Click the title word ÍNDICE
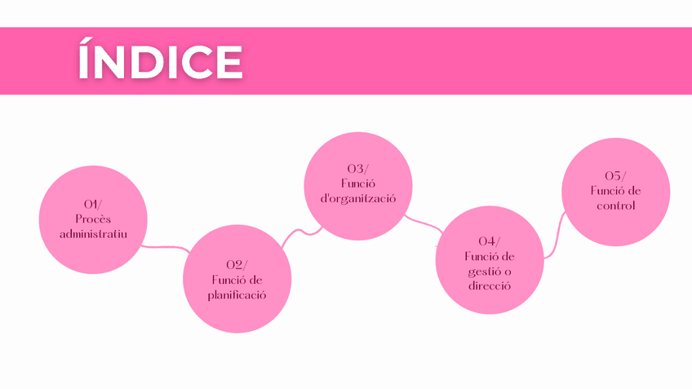click(x=160, y=61)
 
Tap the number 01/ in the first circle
click(x=93, y=203)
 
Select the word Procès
click(x=93, y=218)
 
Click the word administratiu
click(x=93, y=233)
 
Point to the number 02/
click(x=236, y=264)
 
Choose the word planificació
click(x=236, y=294)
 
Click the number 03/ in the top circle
click(x=357, y=168)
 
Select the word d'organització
click(x=357, y=198)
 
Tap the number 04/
click(x=490, y=241)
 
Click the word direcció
click(x=490, y=286)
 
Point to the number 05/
click(x=615, y=175)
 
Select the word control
click(x=615, y=206)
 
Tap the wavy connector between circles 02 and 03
click(x=299, y=232)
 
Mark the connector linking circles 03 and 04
click(x=424, y=222)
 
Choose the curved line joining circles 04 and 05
click(x=555, y=236)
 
